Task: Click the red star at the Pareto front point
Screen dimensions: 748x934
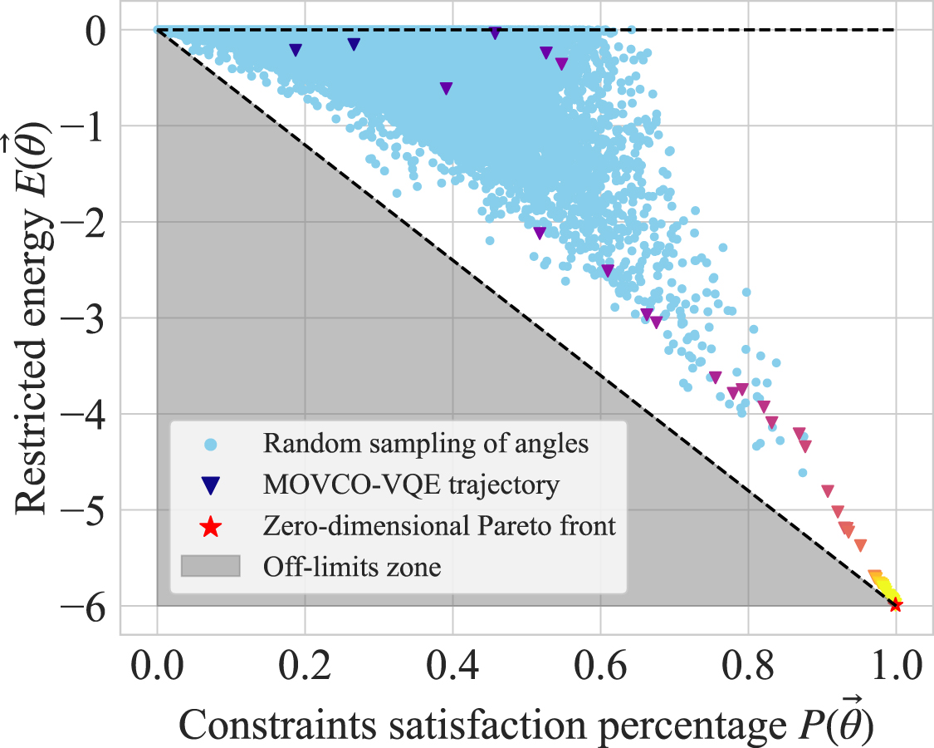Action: click(x=895, y=605)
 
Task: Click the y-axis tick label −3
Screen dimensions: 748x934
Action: click(x=95, y=318)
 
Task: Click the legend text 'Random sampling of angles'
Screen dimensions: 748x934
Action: click(x=426, y=444)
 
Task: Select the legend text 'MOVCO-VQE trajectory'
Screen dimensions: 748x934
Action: click(x=411, y=485)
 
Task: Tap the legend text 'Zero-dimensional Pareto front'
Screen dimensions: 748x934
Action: click(x=440, y=526)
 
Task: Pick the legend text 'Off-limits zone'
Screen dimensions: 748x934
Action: click(x=352, y=568)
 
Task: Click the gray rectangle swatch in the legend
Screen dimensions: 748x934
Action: click(x=211, y=567)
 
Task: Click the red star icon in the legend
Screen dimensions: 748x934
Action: click(x=211, y=526)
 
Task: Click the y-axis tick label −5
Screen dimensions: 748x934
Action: click(x=95, y=510)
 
